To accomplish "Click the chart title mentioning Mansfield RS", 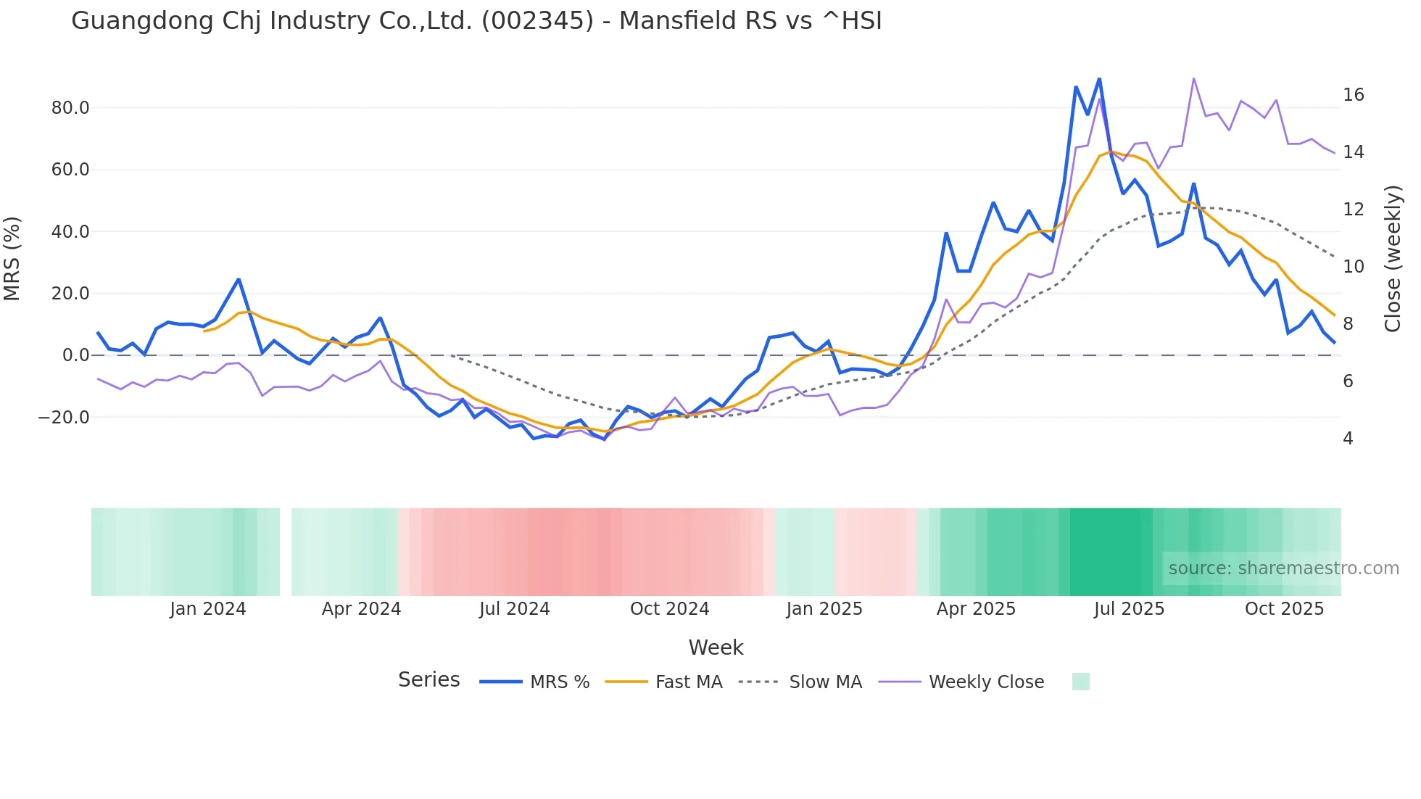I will [x=476, y=21].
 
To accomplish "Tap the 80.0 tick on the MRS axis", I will [x=70, y=108].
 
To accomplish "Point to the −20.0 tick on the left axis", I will [x=64, y=418].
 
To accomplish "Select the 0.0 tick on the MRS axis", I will [x=76, y=355].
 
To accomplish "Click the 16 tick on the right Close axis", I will [x=1354, y=95].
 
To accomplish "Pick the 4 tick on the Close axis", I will [x=1348, y=439].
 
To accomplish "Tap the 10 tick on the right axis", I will [x=1354, y=267].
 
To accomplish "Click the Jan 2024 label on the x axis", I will [x=208, y=609].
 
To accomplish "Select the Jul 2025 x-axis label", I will [x=1129, y=609].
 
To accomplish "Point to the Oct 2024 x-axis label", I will [x=669, y=609].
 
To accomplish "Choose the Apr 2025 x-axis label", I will [x=976, y=609].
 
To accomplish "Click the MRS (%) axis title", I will [x=12, y=259].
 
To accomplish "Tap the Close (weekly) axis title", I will [x=1393, y=259].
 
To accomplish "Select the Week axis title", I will [x=716, y=647].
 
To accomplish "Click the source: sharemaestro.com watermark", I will [x=1283, y=568].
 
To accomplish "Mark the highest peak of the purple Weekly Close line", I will [x=1193, y=78].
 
